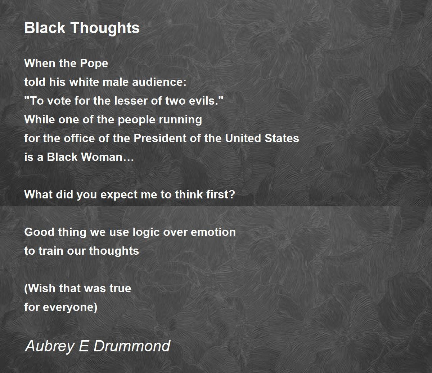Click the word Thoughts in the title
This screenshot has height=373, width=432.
click(105, 28)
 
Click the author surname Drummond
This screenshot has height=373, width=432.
click(132, 346)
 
